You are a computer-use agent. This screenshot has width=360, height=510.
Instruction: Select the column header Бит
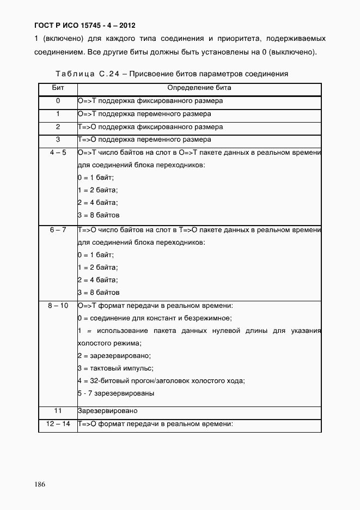click(x=58, y=87)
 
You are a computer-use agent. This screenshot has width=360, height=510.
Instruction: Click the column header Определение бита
click(x=199, y=87)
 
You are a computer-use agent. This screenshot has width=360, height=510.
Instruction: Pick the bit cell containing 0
click(x=58, y=101)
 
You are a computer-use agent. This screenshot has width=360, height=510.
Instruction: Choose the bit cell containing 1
click(x=58, y=114)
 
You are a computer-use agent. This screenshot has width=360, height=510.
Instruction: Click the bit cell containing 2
click(x=58, y=127)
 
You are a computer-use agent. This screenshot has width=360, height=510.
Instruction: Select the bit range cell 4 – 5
click(x=58, y=153)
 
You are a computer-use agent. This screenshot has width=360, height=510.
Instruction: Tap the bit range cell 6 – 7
click(x=58, y=230)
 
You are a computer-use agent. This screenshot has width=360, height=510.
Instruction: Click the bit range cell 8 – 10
click(x=58, y=306)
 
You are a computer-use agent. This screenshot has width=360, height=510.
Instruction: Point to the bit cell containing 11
click(x=58, y=410)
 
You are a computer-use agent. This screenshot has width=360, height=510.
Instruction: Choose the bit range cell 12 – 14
click(x=58, y=423)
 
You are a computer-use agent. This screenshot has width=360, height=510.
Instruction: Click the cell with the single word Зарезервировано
click(x=107, y=410)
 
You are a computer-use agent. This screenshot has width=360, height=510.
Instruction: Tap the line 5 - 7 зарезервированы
click(x=116, y=393)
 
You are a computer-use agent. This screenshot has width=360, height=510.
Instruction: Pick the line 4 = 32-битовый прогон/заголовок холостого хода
click(x=161, y=381)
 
